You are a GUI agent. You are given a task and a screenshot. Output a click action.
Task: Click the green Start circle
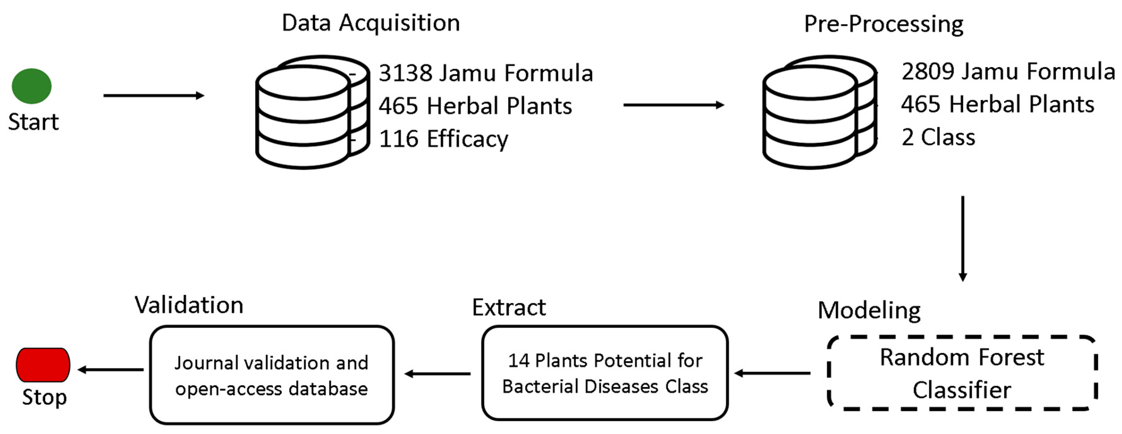[x=31, y=86]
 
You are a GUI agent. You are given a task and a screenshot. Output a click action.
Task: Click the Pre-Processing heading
[x=883, y=24]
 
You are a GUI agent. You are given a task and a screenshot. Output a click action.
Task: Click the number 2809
[x=928, y=71]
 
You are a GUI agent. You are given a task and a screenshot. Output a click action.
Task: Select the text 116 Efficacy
[x=443, y=139]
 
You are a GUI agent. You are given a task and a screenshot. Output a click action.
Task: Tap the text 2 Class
[x=938, y=137]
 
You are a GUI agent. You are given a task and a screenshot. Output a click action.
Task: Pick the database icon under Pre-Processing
[x=819, y=112]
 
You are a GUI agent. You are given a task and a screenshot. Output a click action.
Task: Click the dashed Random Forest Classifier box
[x=962, y=373]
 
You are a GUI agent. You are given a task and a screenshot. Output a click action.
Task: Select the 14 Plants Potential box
[x=605, y=373]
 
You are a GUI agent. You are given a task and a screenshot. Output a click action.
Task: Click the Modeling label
[x=869, y=310]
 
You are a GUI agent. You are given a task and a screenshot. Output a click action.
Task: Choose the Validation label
[x=189, y=305]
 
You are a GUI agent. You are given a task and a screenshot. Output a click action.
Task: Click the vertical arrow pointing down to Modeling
[x=963, y=238]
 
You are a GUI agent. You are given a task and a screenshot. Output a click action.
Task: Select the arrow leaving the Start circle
[x=153, y=95]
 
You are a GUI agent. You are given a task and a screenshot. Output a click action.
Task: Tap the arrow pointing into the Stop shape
[x=111, y=370]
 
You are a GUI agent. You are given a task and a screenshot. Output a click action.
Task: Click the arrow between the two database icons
[x=673, y=105]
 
